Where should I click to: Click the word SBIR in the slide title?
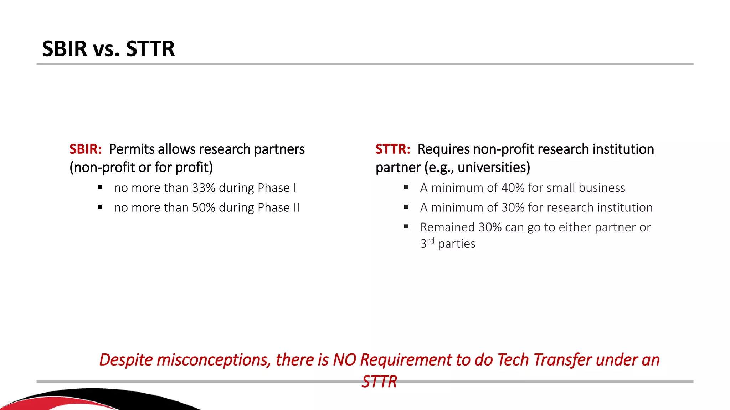pyautogui.click(x=65, y=49)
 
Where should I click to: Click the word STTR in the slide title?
pyautogui.click(x=150, y=49)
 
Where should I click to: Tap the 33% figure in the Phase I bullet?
pyautogui.click(x=204, y=188)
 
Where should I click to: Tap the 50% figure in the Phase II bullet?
pyautogui.click(x=204, y=207)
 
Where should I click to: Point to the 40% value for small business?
pyautogui.click(x=513, y=188)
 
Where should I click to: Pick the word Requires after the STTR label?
pyautogui.click(x=443, y=149)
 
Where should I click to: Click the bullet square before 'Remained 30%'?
pyautogui.click(x=406, y=226)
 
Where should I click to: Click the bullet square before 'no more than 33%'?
pyautogui.click(x=100, y=187)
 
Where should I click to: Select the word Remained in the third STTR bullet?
pyautogui.click(x=447, y=227)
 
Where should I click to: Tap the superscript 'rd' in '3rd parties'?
pyautogui.click(x=431, y=241)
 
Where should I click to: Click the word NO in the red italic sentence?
pyautogui.click(x=344, y=360)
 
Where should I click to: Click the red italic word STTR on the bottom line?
pyautogui.click(x=379, y=382)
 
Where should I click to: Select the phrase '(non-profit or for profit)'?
pyautogui.click(x=141, y=167)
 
